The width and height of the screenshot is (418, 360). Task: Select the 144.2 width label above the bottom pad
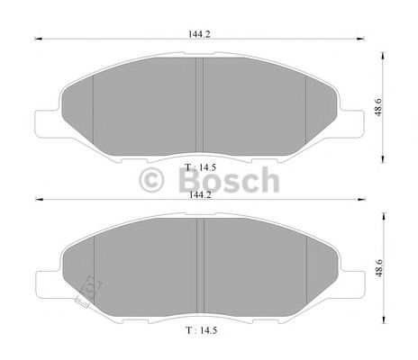pyautogui.click(x=199, y=193)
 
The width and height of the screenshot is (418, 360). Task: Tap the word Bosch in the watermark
pyautogui.click(x=229, y=182)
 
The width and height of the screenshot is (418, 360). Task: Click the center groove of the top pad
pyautogui.click(x=201, y=101)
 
